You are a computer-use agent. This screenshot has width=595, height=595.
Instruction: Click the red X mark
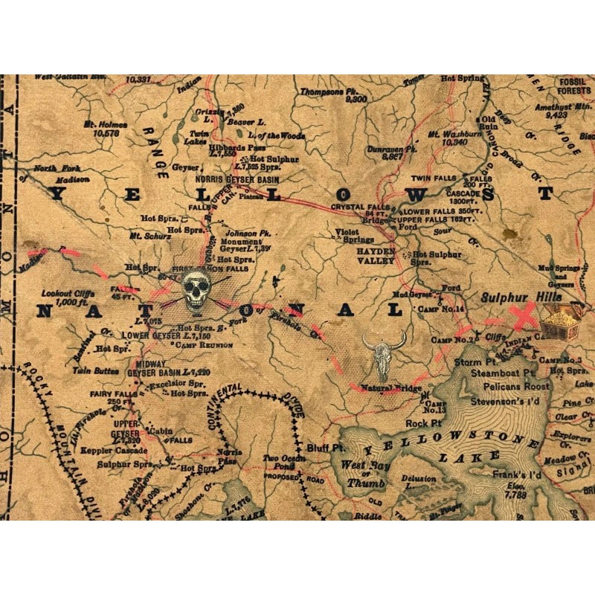click(x=526, y=315)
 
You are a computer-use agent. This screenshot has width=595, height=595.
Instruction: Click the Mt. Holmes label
click(x=103, y=129)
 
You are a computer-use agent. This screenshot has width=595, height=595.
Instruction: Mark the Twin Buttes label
click(x=97, y=370)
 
